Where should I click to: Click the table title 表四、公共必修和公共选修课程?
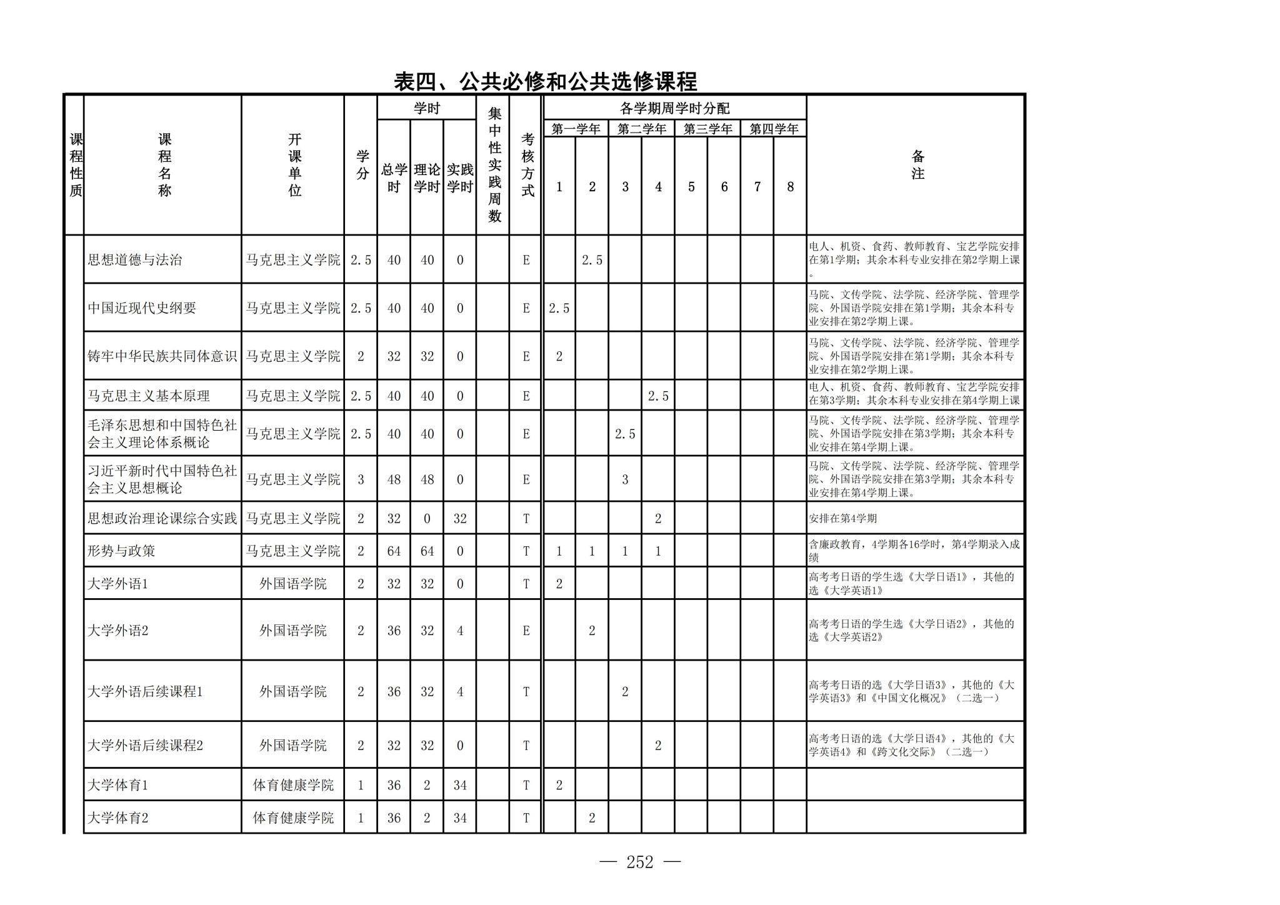point(545,81)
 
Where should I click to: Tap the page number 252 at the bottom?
point(639,862)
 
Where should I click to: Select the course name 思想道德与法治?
point(134,260)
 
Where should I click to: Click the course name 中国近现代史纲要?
point(142,308)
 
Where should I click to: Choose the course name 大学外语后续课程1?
point(145,692)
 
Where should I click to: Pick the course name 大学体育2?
point(118,818)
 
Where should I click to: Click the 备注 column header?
point(917,165)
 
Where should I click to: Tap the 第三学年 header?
point(707,129)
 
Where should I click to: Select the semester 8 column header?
point(790,187)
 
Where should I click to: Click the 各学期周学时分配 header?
point(674,109)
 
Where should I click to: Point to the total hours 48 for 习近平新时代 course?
point(394,480)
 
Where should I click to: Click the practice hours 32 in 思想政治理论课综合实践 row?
point(460,519)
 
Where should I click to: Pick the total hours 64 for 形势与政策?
point(394,551)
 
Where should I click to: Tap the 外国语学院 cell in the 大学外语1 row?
point(292,584)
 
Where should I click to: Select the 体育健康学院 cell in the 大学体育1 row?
point(292,786)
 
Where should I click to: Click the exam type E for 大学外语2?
point(526,631)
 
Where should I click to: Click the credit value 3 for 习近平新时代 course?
point(361,480)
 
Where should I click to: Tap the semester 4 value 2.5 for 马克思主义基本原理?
point(658,396)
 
